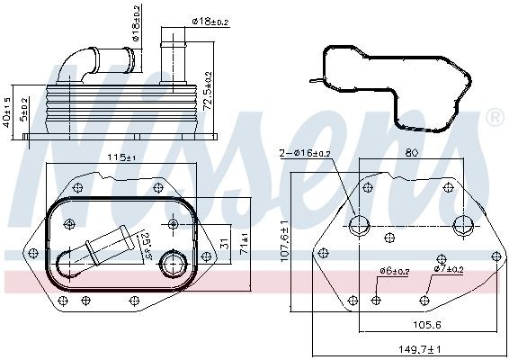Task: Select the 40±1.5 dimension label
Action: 8,112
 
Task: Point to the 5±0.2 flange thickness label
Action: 27,112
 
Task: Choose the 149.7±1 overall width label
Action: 419,349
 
